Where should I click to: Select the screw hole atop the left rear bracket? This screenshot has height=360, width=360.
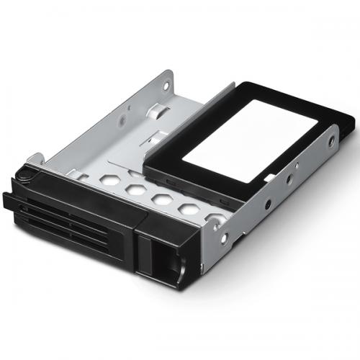click(x=166, y=86)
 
